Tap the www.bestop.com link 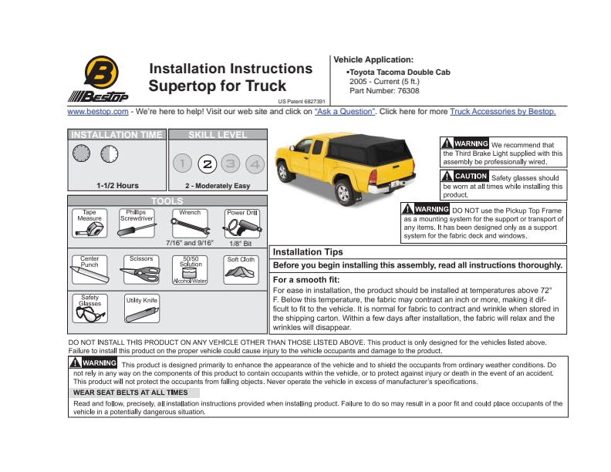click(97, 112)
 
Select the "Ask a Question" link click(344, 112)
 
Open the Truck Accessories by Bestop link click(502, 112)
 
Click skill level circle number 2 click(206, 164)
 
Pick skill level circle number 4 click(255, 164)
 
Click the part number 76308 click(408, 91)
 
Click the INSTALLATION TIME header click(116, 135)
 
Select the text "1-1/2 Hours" click(117, 186)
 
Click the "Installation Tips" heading click(308, 252)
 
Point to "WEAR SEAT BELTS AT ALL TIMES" click(130, 393)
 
